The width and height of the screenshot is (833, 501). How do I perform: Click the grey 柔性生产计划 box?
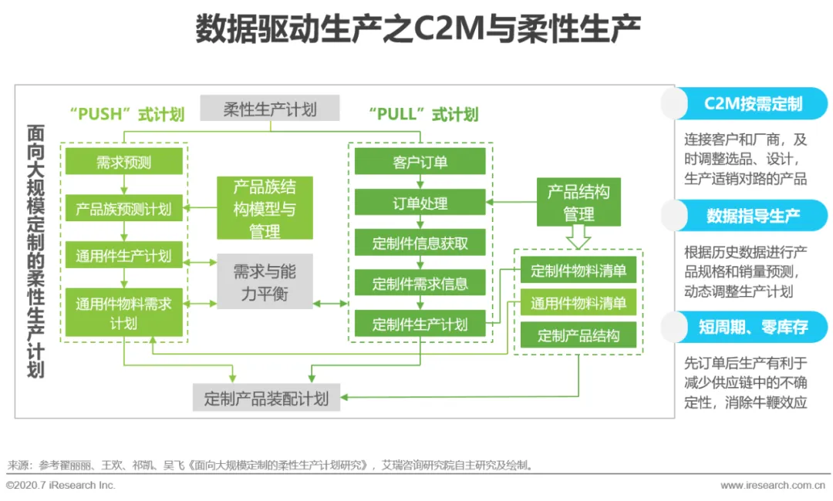[270, 108]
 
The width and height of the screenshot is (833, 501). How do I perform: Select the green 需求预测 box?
[124, 162]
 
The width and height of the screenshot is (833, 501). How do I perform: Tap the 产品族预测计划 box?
[124, 208]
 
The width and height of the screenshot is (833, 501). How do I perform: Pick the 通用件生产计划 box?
[124, 255]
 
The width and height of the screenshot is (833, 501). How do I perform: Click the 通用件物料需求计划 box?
[124, 313]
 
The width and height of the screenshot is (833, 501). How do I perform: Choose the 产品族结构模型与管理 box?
[265, 208]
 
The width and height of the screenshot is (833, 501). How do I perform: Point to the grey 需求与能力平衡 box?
[265, 282]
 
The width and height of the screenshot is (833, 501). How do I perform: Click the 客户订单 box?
[420, 162]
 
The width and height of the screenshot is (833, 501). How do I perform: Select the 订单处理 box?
[420, 203]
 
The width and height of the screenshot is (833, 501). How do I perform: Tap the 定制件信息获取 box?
[420, 244]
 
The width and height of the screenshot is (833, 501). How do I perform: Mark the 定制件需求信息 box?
[420, 284]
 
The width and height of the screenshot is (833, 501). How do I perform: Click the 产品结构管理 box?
[578, 202]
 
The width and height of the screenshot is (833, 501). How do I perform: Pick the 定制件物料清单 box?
[578, 271]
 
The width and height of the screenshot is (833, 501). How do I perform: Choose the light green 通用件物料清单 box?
[578, 303]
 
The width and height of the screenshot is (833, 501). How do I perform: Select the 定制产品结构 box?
[578, 335]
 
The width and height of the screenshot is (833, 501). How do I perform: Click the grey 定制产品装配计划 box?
[266, 398]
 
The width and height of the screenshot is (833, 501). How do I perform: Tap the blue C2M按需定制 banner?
[752, 104]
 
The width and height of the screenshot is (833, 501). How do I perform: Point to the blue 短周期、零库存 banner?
[752, 327]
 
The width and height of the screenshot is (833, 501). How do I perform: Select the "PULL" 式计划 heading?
[423, 115]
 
